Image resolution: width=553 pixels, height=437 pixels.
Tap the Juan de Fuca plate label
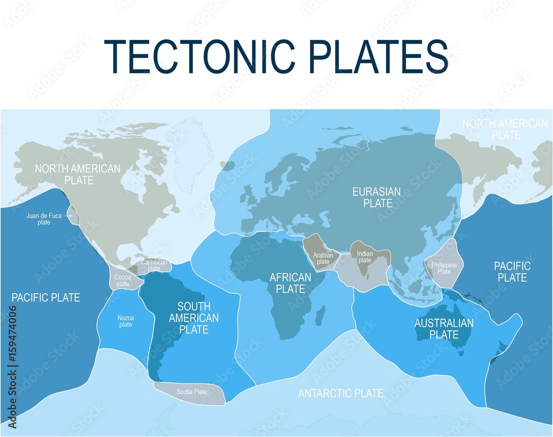coord(44,219)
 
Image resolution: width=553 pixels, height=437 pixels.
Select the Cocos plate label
coord(122,280)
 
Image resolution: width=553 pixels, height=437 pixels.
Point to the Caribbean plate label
coord(154,265)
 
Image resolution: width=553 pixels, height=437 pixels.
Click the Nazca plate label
coord(126,321)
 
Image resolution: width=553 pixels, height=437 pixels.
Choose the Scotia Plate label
coord(192,392)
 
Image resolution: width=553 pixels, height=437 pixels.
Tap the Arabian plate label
coord(322,258)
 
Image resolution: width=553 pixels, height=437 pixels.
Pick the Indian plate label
coord(365,257)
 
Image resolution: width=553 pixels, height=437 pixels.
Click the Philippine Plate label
coord(444,268)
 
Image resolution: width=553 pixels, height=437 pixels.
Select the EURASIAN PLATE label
coord(377,197)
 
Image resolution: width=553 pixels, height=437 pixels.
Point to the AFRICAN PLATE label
coord(287,283)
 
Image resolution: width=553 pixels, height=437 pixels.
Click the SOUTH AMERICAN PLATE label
coord(194,318)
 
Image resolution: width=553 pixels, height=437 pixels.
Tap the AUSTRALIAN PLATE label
coord(444,329)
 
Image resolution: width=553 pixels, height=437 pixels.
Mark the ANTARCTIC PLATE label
coord(341,393)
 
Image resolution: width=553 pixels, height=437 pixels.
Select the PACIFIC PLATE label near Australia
coord(512,272)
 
